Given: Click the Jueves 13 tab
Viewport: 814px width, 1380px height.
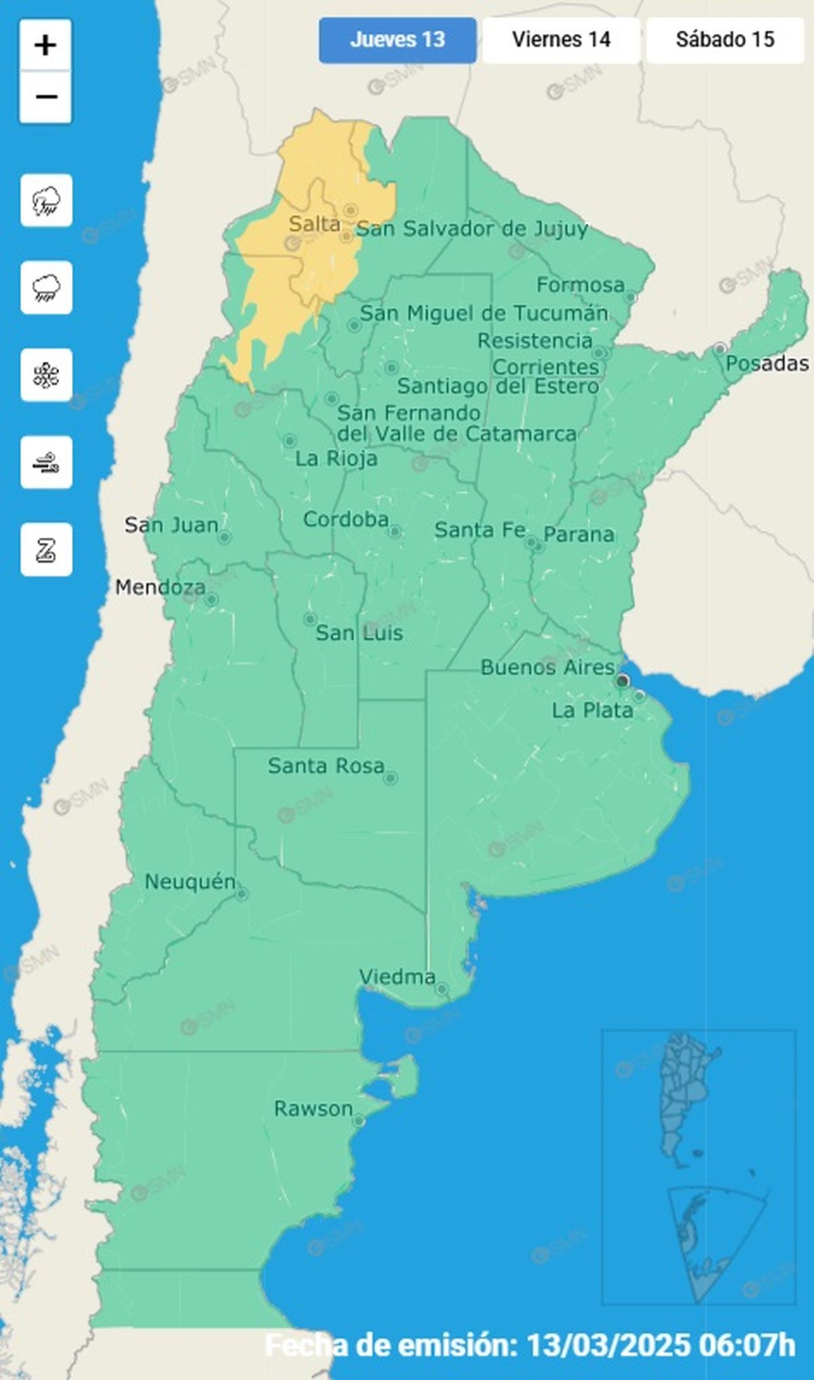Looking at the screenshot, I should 398,40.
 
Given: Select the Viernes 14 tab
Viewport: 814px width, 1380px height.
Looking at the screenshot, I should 561,40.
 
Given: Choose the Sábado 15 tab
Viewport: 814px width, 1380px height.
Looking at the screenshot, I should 724,40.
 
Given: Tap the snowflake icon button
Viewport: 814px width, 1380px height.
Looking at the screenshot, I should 46,375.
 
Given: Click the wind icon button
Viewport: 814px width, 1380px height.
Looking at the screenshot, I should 46,463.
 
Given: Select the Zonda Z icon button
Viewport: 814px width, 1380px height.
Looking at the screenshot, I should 46,550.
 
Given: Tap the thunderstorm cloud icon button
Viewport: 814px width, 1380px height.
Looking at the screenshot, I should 46,201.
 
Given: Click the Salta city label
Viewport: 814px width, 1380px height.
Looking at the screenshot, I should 314,224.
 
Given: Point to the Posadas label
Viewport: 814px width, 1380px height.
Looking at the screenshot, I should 767,364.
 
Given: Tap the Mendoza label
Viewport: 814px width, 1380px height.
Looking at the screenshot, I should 160,588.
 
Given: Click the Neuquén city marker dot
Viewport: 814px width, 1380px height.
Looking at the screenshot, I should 241,894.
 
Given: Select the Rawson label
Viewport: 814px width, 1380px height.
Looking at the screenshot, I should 313,1109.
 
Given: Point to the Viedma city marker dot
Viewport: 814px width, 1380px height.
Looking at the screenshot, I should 442,989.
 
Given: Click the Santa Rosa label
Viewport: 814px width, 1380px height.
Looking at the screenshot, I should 326,766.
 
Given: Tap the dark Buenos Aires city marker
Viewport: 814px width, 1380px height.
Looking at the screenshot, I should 622,681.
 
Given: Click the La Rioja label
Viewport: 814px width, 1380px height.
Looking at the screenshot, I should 336,459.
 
